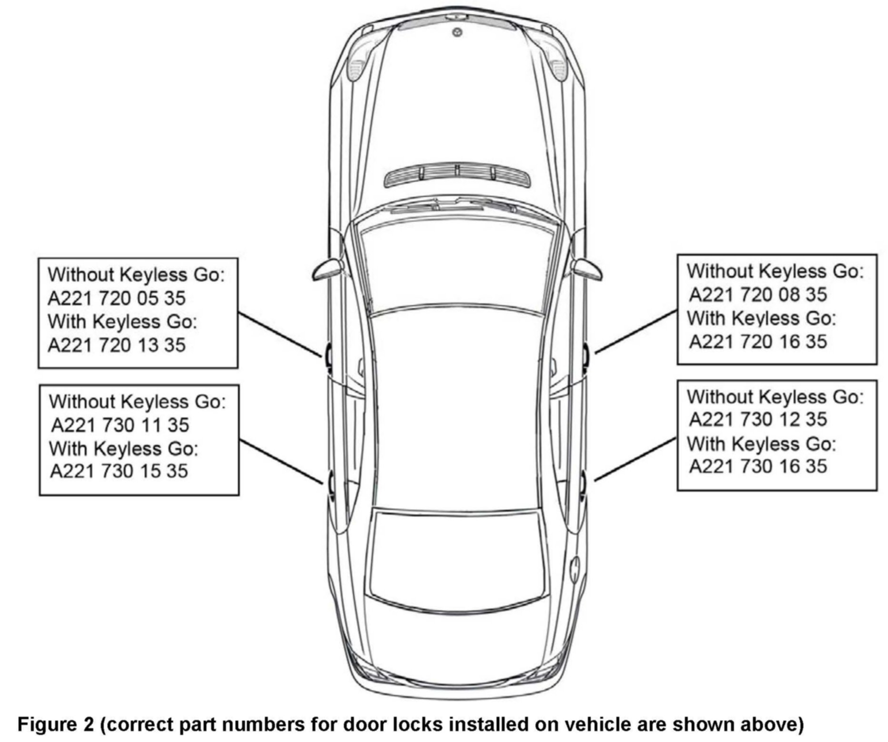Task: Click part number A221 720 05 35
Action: [117, 298]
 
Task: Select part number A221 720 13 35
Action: [117, 345]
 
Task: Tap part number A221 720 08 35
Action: [758, 295]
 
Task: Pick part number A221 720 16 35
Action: [758, 341]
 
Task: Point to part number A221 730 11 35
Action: [120, 424]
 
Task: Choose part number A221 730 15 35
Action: [119, 471]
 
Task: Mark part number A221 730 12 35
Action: [758, 419]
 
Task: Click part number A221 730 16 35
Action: [758, 466]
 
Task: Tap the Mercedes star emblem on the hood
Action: [457, 32]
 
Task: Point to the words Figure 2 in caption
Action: [54, 724]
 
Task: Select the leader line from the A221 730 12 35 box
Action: [635, 459]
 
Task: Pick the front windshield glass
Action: [457, 266]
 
